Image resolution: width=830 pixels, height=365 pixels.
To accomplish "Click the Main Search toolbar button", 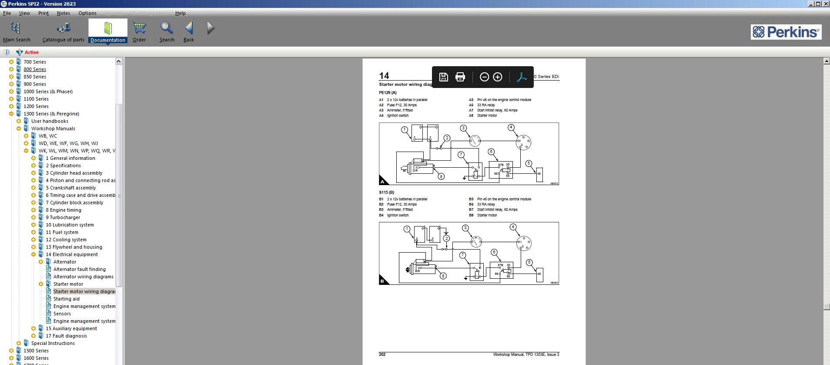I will click(x=16, y=31).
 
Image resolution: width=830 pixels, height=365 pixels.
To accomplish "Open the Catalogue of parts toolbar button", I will click(x=63, y=31).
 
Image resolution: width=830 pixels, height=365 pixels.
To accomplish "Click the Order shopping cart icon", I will click(x=139, y=31).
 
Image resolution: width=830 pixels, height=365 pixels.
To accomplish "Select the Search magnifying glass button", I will click(x=167, y=31).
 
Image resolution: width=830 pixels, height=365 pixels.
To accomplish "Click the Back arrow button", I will click(x=189, y=31).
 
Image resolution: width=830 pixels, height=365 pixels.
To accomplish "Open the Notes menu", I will click(x=63, y=13).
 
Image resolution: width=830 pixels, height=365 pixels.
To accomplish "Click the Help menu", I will click(x=180, y=13).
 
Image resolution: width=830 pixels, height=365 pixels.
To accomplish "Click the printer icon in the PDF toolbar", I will click(x=460, y=77).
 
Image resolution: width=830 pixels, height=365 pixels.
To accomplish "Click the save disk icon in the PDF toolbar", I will click(x=443, y=77).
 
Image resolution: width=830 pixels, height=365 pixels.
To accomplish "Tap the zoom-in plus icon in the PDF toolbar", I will click(x=497, y=77).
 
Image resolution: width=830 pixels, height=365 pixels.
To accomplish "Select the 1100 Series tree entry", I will click(x=36, y=99).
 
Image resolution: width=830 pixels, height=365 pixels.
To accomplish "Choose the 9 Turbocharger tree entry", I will click(x=63, y=217).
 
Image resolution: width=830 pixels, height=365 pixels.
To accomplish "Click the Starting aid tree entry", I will click(x=66, y=299).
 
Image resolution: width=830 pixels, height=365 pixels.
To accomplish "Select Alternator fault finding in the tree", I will click(x=79, y=269).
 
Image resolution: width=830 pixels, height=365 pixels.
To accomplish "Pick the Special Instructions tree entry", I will click(x=53, y=343).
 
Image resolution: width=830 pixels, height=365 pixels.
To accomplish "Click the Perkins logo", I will click(x=786, y=32).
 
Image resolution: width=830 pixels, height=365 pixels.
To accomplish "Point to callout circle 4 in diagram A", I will click(x=511, y=128).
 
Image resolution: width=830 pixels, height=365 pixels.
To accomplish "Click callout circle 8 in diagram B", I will click(x=443, y=276).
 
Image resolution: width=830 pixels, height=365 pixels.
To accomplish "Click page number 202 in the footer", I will click(x=382, y=355).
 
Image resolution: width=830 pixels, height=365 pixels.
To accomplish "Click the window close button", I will click(x=825, y=4).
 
